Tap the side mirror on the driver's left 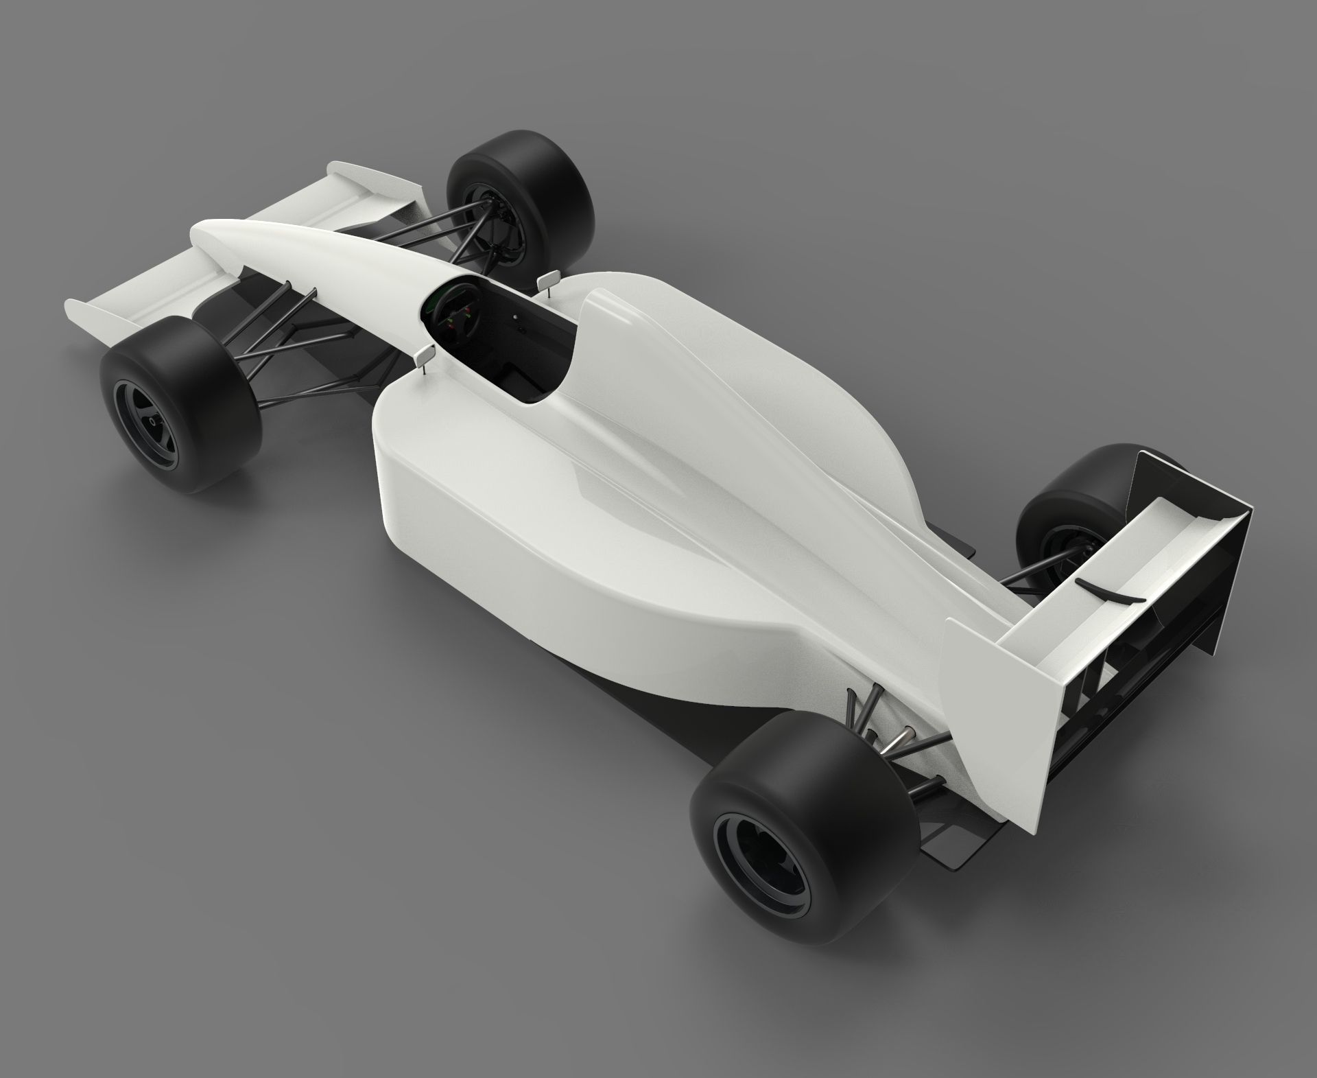[x=425, y=355]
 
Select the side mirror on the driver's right [x=550, y=280]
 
